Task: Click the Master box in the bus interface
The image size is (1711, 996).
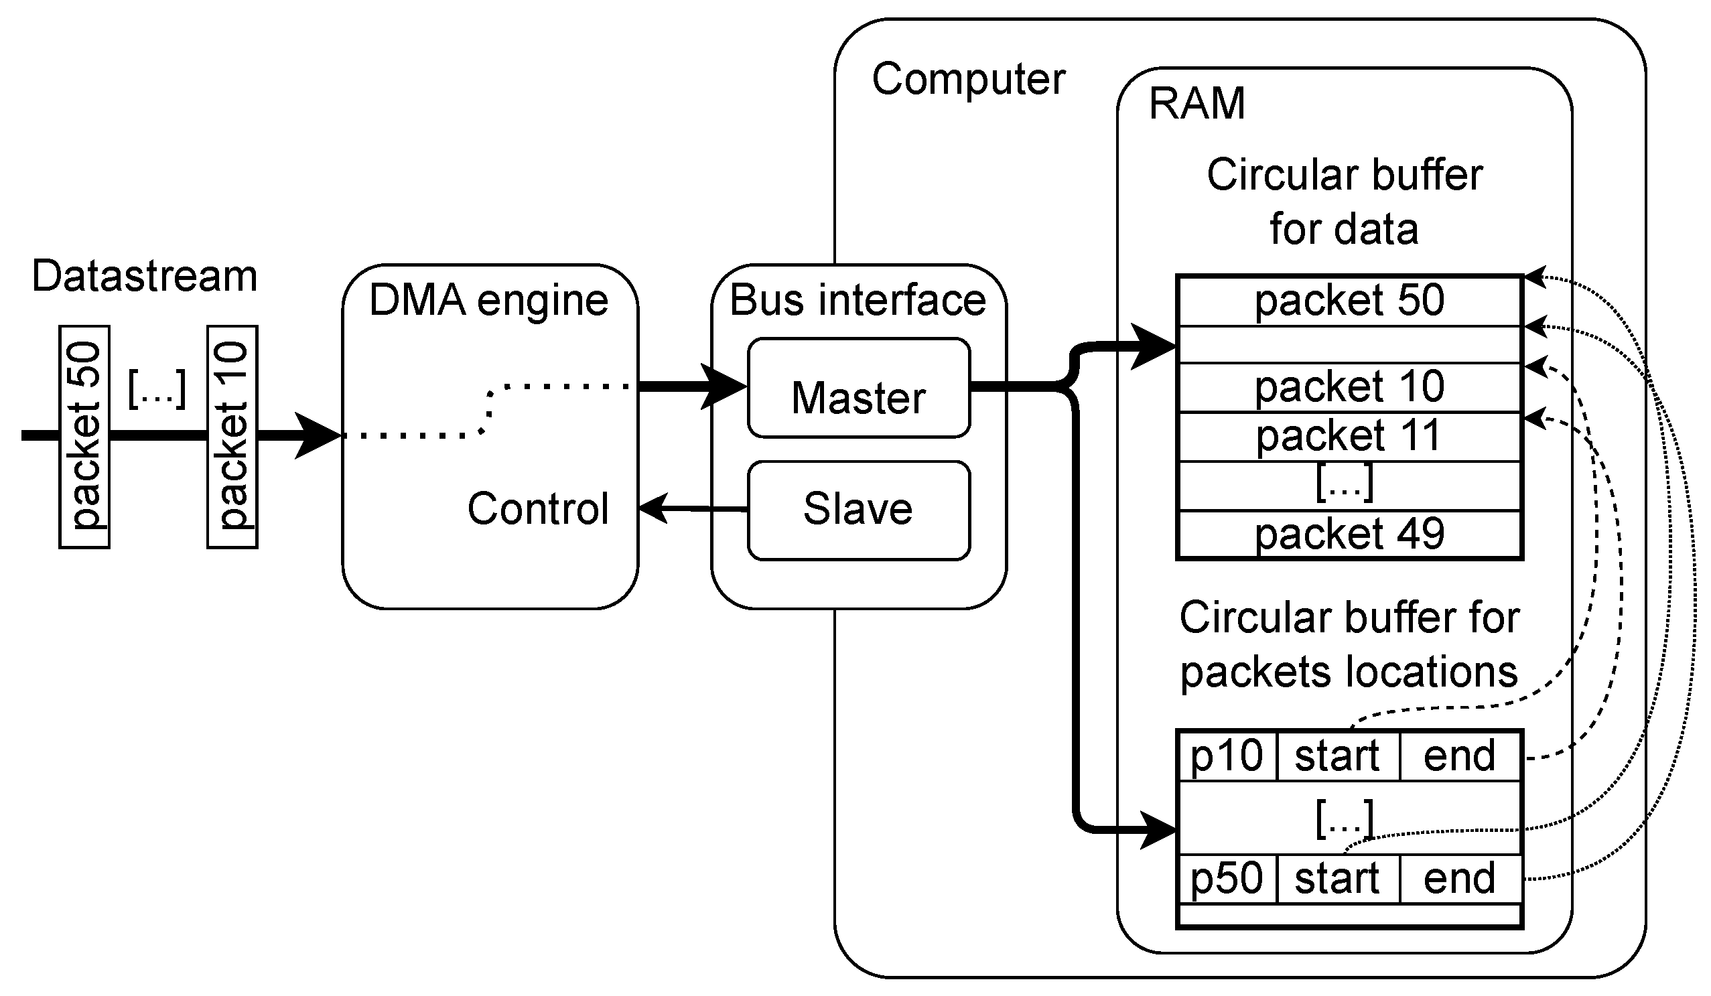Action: pos(858,388)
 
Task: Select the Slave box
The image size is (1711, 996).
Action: pos(858,510)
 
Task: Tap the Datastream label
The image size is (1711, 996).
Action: pos(145,277)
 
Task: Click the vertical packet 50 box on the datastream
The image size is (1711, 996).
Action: pos(84,437)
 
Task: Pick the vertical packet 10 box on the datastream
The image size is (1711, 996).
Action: pos(232,437)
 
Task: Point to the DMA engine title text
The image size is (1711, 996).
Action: pos(488,300)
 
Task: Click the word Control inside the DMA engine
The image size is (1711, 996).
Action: pos(538,508)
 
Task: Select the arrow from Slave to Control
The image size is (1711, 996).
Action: pos(693,508)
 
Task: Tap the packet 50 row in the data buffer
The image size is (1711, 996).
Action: pos(1349,301)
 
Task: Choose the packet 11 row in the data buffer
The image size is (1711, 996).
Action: pos(1349,436)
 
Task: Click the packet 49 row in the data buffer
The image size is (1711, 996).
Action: pos(1349,535)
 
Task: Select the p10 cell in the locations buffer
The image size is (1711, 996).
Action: pos(1226,756)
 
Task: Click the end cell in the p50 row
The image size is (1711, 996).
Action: pos(1459,879)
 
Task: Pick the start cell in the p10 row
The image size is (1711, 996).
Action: pos(1337,756)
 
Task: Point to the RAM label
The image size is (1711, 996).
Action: pos(1196,104)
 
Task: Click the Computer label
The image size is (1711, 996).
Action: pos(968,80)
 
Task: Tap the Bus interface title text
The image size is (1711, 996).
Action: pos(858,300)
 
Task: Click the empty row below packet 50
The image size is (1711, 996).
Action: pos(1349,344)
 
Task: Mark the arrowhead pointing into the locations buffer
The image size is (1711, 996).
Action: pos(1158,830)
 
